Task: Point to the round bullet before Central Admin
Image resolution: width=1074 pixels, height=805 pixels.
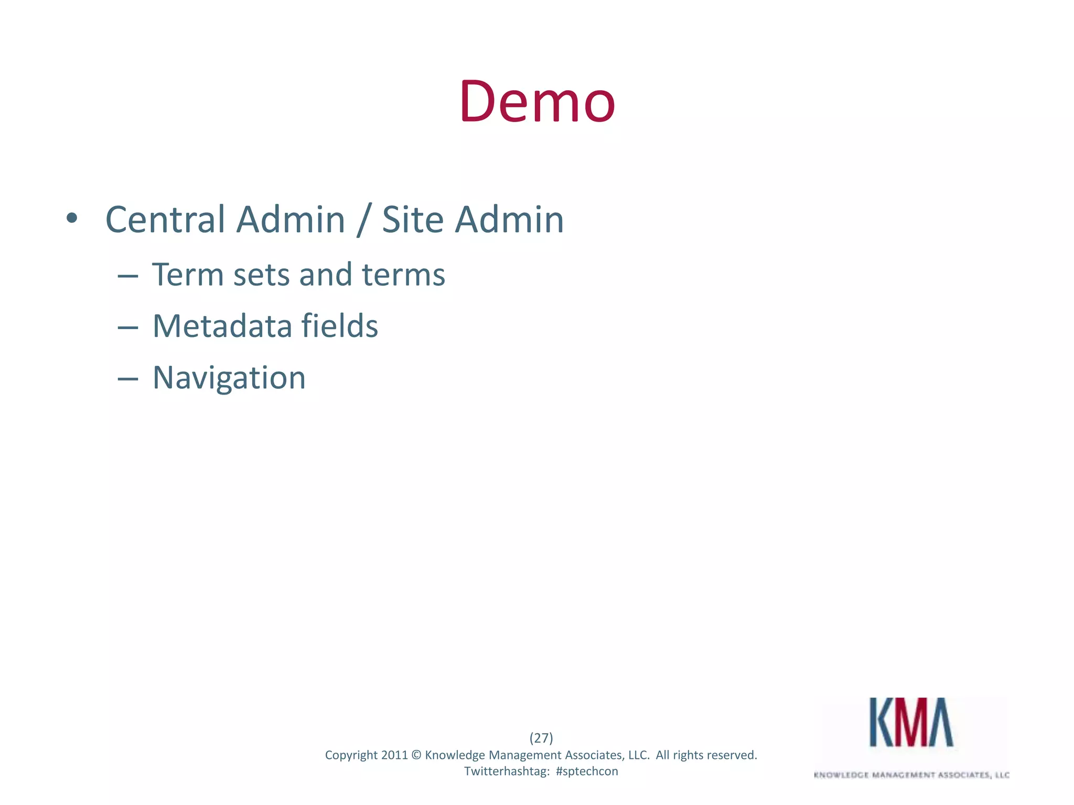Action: point(72,219)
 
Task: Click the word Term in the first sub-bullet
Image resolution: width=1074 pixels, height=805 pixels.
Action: point(188,275)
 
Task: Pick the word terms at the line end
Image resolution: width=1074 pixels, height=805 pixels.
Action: point(403,276)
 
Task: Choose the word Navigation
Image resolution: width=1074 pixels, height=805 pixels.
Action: point(229,378)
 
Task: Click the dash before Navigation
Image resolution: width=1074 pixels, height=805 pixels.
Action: point(128,378)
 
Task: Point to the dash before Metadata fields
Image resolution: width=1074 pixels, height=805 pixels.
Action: point(128,327)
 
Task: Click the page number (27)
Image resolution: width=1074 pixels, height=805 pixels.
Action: point(541,738)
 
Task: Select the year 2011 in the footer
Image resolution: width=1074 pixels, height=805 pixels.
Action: point(394,755)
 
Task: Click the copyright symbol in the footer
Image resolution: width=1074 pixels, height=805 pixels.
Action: point(416,755)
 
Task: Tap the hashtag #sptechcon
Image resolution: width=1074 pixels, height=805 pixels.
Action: point(587,771)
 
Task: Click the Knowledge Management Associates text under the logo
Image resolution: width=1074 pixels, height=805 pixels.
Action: point(911,775)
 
